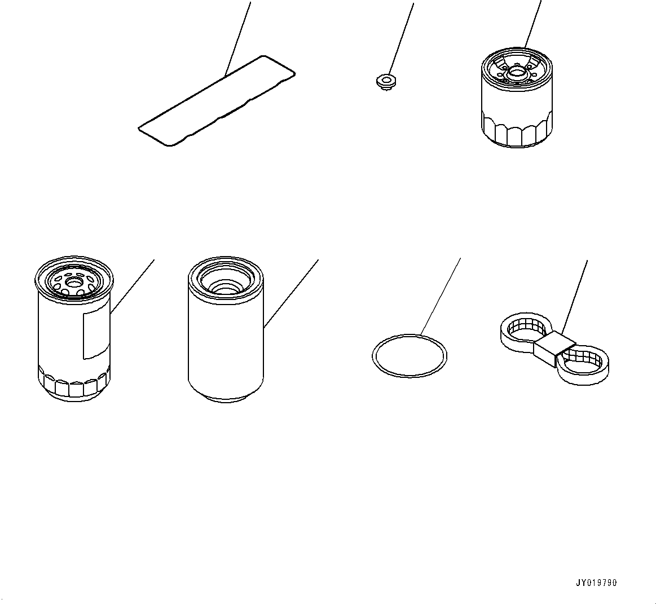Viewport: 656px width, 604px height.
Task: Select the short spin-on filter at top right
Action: click(517, 97)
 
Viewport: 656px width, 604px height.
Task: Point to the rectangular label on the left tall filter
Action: click(97, 334)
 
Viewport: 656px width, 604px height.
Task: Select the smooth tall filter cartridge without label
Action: click(226, 329)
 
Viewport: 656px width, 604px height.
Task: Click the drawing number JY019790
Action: click(596, 583)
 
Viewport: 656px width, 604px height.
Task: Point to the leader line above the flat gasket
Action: click(238, 38)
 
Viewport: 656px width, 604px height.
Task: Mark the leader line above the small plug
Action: click(402, 39)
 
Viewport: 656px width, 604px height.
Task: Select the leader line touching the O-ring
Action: click(441, 297)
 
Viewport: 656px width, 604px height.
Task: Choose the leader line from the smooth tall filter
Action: click(291, 293)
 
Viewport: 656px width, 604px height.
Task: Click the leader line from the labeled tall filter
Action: click(133, 286)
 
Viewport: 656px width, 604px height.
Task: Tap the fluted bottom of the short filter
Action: click(517, 130)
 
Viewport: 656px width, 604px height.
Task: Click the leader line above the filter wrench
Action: click(574, 297)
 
